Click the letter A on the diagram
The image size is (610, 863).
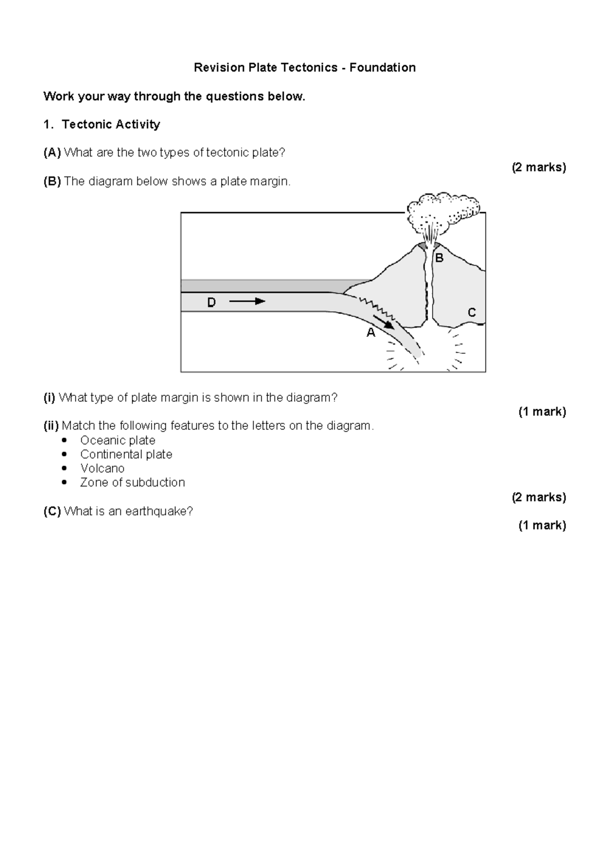tap(371, 333)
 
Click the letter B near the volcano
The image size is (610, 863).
tap(439, 258)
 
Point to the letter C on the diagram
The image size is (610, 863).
tap(472, 312)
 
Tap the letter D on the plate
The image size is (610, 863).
tap(211, 303)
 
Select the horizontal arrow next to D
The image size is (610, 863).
tap(248, 301)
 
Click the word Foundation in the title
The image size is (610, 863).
tap(382, 68)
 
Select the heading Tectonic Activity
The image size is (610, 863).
tap(111, 125)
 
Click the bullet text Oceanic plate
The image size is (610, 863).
tap(117, 440)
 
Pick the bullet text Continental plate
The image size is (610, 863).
tap(126, 454)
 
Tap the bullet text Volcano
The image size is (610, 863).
tap(102, 468)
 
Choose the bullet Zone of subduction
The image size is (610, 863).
tap(132, 482)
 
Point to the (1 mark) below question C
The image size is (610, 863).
tap(542, 526)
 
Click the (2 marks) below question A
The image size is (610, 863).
tap(539, 167)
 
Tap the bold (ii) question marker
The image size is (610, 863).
tap(51, 426)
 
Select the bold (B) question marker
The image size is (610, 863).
tap(52, 182)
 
